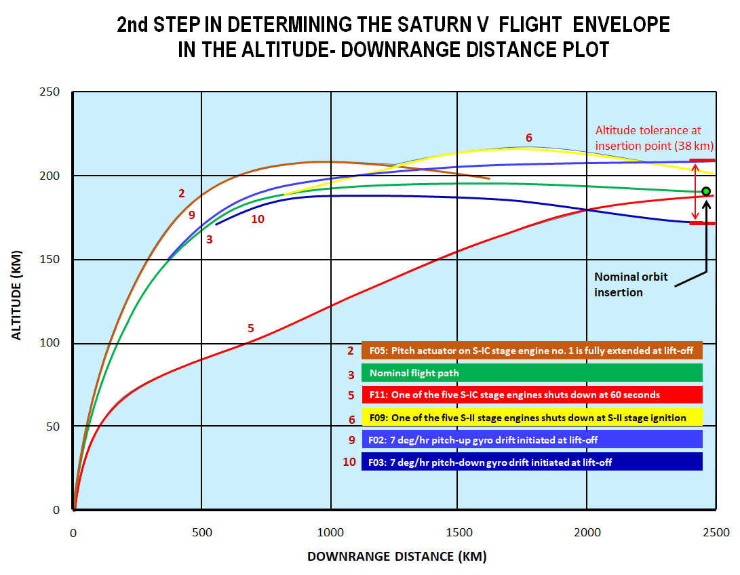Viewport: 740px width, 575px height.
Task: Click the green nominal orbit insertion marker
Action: pyautogui.click(x=706, y=191)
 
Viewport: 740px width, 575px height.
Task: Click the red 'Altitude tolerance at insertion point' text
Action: pyautogui.click(x=648, y=137)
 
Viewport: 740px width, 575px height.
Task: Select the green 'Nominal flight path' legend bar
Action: pyautogui.click(x=532, y=373)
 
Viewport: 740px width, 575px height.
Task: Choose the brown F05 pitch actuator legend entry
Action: pyautogui.click(x=532, y=351)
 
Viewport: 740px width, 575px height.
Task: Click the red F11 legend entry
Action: pyautogui.click(x=532, y=395)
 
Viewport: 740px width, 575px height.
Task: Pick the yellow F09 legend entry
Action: pyautogui.click(x=532, y=416)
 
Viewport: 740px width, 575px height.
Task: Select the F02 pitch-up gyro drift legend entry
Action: pyautogui.click(x=532, y=439)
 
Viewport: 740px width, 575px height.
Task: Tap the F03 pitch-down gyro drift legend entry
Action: pyautogui.click(x=532, y=462)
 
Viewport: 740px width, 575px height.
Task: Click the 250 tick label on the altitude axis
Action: pyautogui.click(x=51, y=92)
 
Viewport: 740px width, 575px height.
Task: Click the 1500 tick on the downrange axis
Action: pyautogui.click(x=459, y=532)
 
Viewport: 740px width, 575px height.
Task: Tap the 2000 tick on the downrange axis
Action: pyautogui.click(x=587, y=532)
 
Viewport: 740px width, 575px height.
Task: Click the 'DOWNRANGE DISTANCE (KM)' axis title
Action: pyautogui.click(x=397, y=557)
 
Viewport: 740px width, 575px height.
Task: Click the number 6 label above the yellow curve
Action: pyautogui.click(x=529, y=136)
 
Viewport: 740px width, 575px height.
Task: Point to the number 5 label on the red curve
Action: pyautogui.click(x=250, y=328)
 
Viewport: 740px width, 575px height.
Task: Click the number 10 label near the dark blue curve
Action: pyautogui.click(x=257, y=219)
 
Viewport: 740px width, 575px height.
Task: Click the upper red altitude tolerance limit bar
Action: pyautogui.click(x=702, y=161)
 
